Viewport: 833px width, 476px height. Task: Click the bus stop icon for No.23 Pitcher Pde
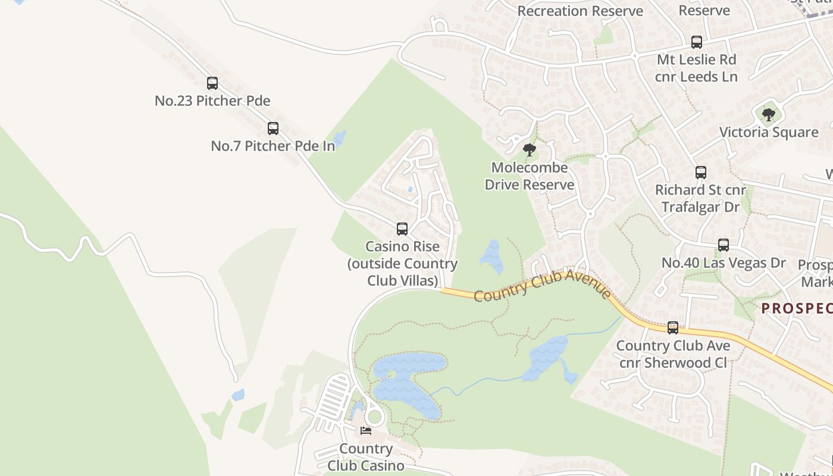pyautogui.click(x=212, y=83)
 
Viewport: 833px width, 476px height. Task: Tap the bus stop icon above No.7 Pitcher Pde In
pyautogui.click(x=273, y=129)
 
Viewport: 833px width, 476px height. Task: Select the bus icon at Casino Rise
pyautogui.click(x=402, y=229)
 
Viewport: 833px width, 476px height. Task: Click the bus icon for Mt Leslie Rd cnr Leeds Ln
pyautogui.click(x=697, y=42)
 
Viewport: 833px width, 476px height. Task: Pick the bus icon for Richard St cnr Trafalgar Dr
pyautogui.click(x=701, y=173)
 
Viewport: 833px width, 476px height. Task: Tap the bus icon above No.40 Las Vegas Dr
pyautogui.click(x=724, y=245)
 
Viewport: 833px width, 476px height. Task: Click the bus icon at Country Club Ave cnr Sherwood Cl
pyautogui.click(x=673, y=328)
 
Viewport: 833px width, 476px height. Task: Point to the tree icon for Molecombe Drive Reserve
pyautogui.click(x=530, y=150)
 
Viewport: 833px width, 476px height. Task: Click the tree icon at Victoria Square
pyautogui.click(x=769, y=114)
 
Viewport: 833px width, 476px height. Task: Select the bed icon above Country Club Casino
pyautogui.click(x=366, y=430)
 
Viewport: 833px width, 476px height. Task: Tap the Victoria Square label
pyautogui.click(x=769, y=132)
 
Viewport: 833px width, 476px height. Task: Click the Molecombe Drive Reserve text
pyautogui.click(x=530, y=176)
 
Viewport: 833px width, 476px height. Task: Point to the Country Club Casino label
pyautogui.click(x=366, y=457)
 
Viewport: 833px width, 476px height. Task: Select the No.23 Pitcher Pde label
pyautogui.click(x=212, y=101)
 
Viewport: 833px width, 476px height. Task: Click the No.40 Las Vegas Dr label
pyautogui.click(x=724, y=262)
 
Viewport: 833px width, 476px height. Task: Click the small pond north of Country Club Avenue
pyautogui.click(x=492, y=256)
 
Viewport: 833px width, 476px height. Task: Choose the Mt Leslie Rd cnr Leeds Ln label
pyautogui.click(x=697, y=68)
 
